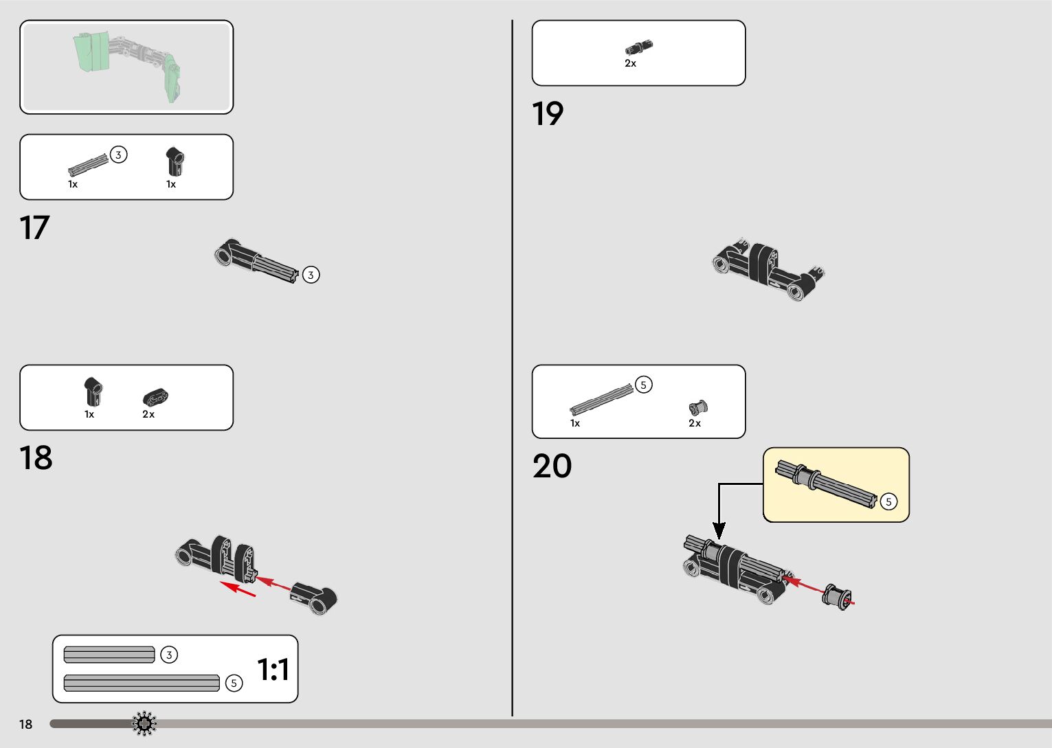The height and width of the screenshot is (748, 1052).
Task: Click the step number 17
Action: click(34, 228)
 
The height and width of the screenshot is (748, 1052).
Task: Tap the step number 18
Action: click(36, 458)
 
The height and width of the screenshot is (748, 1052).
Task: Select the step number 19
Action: click(548, 114)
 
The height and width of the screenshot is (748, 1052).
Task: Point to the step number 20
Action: click(552, 466)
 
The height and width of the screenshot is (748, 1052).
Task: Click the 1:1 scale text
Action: click(273, 670)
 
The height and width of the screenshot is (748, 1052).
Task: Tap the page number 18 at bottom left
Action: click(25, 724)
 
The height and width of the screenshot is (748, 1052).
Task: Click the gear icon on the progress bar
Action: click(144, 723)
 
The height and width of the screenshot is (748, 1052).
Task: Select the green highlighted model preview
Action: click(127, 65)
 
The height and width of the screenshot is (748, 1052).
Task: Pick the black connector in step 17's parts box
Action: click(175, 162)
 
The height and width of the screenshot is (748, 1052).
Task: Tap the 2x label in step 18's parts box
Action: click(148, 414)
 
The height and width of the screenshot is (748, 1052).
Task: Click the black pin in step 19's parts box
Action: click(638, 47)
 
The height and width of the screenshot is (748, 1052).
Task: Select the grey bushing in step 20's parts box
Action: click(697, 408)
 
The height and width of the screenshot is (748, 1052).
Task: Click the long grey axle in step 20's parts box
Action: click(601, 398)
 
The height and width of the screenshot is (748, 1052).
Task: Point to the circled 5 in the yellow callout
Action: click(888, 502)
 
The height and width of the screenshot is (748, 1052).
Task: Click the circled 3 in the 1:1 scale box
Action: click(169, 655)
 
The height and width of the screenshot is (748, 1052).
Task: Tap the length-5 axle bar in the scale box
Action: click(142, 683)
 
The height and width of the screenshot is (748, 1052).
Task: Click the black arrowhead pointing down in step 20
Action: click(719, 530)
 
